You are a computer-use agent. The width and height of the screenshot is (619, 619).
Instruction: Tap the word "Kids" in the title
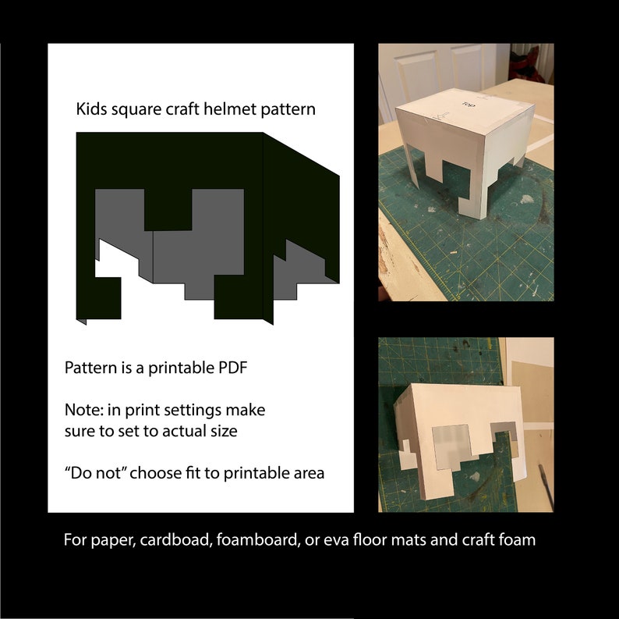(91, 109)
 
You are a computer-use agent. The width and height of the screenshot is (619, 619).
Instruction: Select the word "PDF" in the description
(230, 368)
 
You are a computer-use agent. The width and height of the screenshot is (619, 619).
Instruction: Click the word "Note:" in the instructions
(84, 410)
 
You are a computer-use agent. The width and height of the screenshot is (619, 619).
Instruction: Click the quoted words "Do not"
(97, 472)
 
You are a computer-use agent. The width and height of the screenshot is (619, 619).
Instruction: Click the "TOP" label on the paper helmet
(468, 103)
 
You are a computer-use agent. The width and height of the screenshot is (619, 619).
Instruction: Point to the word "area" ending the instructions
(308, 472)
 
